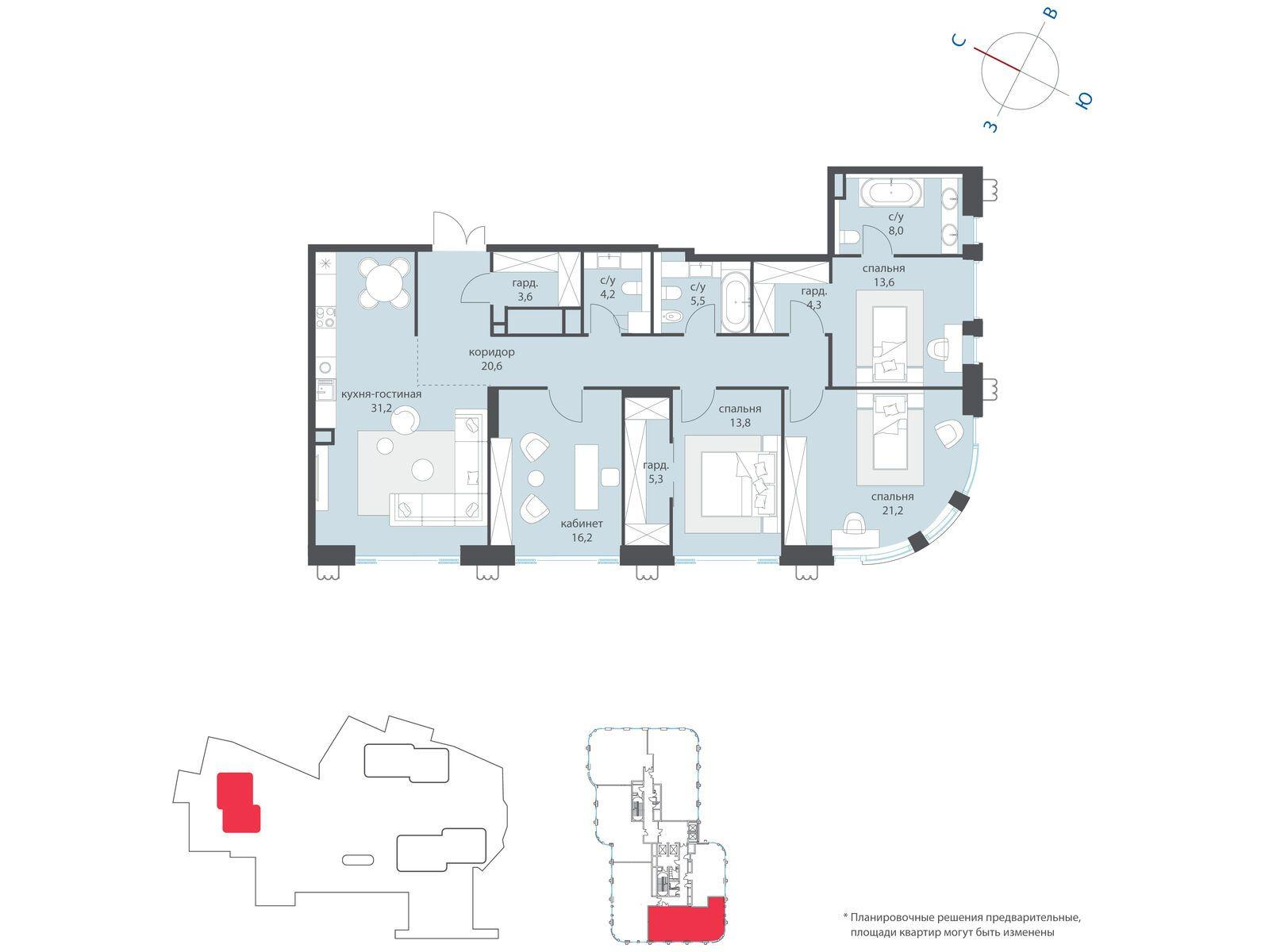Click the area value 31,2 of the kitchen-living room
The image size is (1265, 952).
[381, 409]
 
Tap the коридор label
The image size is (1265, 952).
[491, 352]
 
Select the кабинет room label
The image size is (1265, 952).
[582, 524]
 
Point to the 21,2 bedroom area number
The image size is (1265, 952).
[891, 509]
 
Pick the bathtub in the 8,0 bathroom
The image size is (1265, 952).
[890, 192]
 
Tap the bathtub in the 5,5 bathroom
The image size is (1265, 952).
[734, 301]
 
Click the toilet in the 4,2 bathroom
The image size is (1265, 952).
[633, 289]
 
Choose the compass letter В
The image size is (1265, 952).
[1052, 13]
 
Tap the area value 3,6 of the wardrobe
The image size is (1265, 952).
[525, 297]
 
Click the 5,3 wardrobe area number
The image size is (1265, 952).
[656, 478]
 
